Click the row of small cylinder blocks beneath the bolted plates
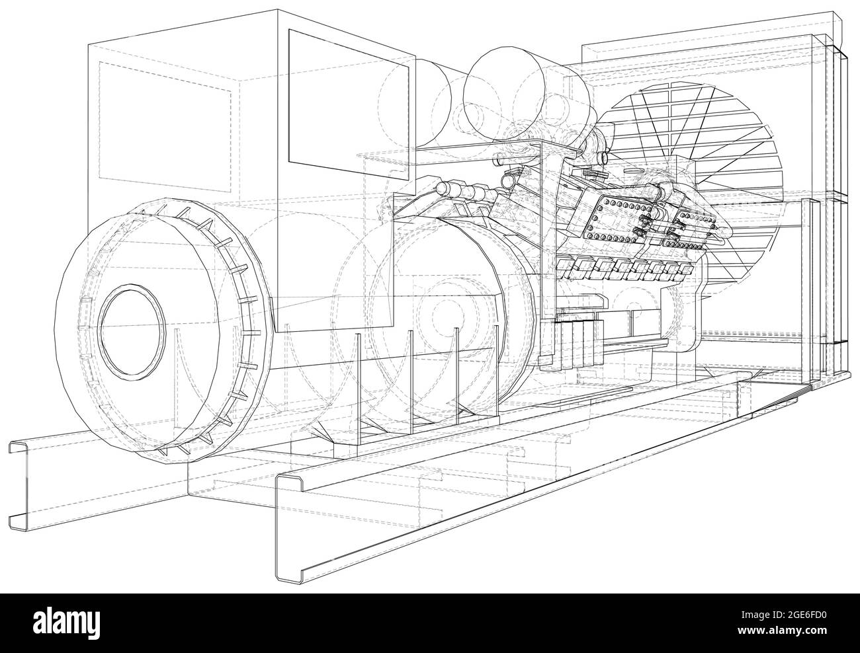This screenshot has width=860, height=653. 615,268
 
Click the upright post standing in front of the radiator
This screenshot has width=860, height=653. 810,291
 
